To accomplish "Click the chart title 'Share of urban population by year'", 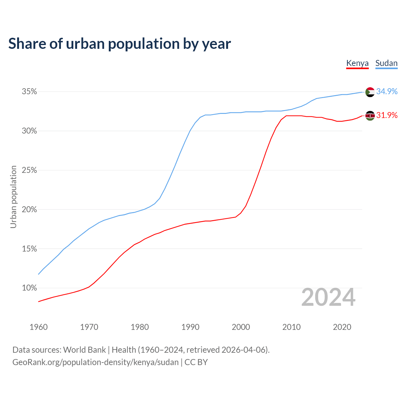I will coord(120,44).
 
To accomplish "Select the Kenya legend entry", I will coord(357,63).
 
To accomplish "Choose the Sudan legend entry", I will coord(386,63).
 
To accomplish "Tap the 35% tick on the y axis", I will coord(29,92).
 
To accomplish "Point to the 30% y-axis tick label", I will coord(29,131).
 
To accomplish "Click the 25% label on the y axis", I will coord(29,170).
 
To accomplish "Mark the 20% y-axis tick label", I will coord(29,210).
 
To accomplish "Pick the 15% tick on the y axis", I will coord(29,249).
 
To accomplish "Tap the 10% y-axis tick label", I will coord(29,288).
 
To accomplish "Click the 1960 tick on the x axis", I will coord(38,327).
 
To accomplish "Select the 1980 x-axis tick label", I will coord(140,327).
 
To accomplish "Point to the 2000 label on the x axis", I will coord(241,327).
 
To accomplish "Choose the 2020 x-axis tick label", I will coord(342,327).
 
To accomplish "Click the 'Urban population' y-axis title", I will coord(13,197).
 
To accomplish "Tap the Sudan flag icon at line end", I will coord(370,92).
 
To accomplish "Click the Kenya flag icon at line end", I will coord(370,116).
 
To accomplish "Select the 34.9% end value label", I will coord(387,91).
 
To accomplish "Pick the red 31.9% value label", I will coord(387,115).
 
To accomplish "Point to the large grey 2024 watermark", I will coord(328,297).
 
